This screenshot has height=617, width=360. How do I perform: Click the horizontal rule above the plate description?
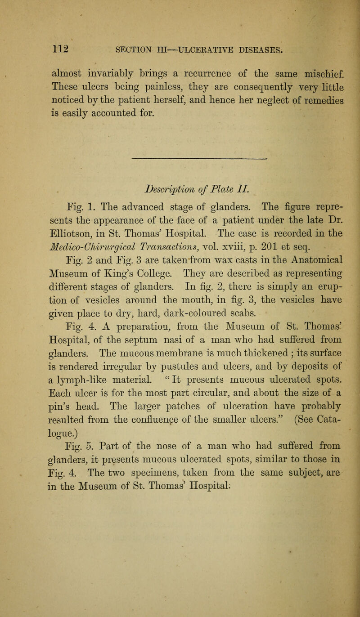click(198, 159)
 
